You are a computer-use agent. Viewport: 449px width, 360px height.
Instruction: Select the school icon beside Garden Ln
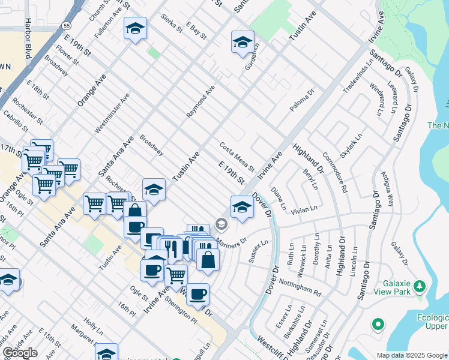(243, 42)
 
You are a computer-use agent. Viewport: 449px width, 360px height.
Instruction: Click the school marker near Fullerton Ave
(135, 28)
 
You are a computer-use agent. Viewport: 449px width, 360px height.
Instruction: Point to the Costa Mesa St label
(237, 156)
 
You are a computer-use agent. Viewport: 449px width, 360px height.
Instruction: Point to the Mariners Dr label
(231, 243)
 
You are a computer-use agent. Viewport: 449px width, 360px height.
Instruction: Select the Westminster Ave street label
(112, 113)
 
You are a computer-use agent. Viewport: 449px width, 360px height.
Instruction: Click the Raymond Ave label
(200, 101)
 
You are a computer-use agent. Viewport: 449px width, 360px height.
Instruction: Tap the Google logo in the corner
(20, 353)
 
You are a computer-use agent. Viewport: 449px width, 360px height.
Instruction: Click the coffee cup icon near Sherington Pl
(197, 294)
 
